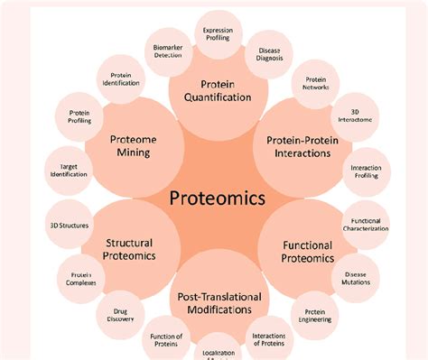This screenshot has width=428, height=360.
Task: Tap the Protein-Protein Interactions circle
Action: point(298,146)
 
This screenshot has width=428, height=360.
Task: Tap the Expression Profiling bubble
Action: point(218,34)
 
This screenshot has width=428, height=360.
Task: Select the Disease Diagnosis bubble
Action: point(269,56)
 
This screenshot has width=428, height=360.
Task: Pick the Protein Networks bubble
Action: point(316,84)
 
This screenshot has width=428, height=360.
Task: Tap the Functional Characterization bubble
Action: point(366,225)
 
